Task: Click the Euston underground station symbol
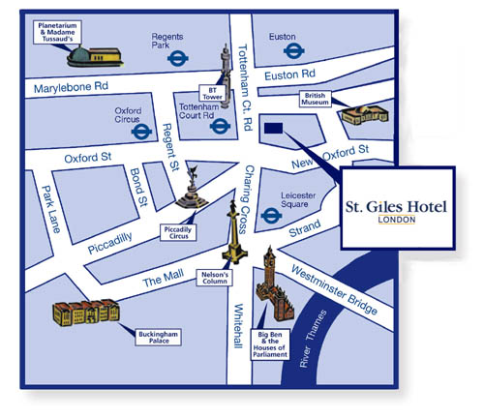click(294, 50)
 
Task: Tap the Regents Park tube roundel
click(178, 59)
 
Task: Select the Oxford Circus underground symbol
click(141, 132)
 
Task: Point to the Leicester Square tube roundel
click(271, 216)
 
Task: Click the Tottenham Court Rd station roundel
click(220, 126)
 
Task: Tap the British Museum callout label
click(315, 99)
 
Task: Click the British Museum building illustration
click(365, 115)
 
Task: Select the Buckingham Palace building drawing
click(86, 313)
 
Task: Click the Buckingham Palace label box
click(158, 338)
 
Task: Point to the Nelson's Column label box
click(215, 278)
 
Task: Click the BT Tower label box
click(212, 93)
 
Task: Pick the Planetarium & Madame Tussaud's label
click(57, 32)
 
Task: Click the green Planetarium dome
click(78, 54)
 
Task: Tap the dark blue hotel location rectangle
click(274, 128)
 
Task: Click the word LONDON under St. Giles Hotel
click(397, 220)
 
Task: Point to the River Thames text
click(313, 339)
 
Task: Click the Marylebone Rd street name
click(71, 87)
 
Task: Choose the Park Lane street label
click(51, 209)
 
